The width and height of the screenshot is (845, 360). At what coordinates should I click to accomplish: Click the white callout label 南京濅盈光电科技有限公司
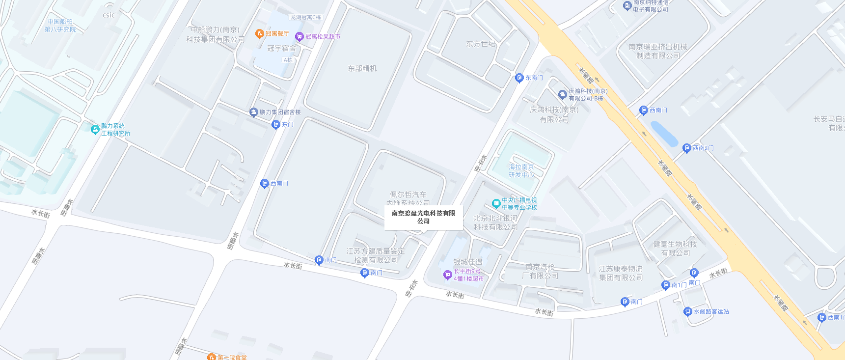pos(423,217)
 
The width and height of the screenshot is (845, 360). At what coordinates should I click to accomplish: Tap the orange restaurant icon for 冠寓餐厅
pos(260,34)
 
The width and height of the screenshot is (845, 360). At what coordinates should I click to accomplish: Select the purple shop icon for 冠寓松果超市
pos(299,37)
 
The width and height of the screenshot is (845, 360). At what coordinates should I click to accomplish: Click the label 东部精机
pos(362,69)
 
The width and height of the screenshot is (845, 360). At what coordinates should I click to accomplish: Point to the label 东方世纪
pos(481,44)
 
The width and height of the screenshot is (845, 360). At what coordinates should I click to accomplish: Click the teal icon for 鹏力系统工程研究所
pos(95,130)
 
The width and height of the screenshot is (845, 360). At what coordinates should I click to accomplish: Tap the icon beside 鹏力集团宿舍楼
pos(253,112)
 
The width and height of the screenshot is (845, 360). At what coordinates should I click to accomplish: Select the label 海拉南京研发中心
pos(521,171)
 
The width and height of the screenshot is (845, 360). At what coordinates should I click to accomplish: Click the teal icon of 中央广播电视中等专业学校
pos(496,203)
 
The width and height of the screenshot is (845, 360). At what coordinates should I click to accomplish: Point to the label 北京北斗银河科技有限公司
pos(495,222)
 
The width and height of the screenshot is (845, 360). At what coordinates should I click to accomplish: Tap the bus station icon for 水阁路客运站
pos(688,312)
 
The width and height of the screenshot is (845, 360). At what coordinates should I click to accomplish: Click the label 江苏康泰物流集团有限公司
pos(621,273)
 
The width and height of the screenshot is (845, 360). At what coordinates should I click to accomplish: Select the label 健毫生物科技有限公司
pos(675,249)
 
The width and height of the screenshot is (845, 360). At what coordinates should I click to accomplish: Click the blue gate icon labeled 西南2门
pos(687,148)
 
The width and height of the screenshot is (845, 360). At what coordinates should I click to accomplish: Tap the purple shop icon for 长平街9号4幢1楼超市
pos(447,275)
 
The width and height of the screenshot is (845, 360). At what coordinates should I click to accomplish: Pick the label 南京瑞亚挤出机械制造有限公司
pos(658,51)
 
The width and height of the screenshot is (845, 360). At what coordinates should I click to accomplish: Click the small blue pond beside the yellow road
pos(664,134)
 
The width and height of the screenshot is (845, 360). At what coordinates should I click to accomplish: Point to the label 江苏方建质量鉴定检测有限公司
pos(376,255)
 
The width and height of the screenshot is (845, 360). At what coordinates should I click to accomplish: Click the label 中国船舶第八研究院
pos(60,26)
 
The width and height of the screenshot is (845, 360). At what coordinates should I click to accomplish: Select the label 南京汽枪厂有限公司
pos(540,271)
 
